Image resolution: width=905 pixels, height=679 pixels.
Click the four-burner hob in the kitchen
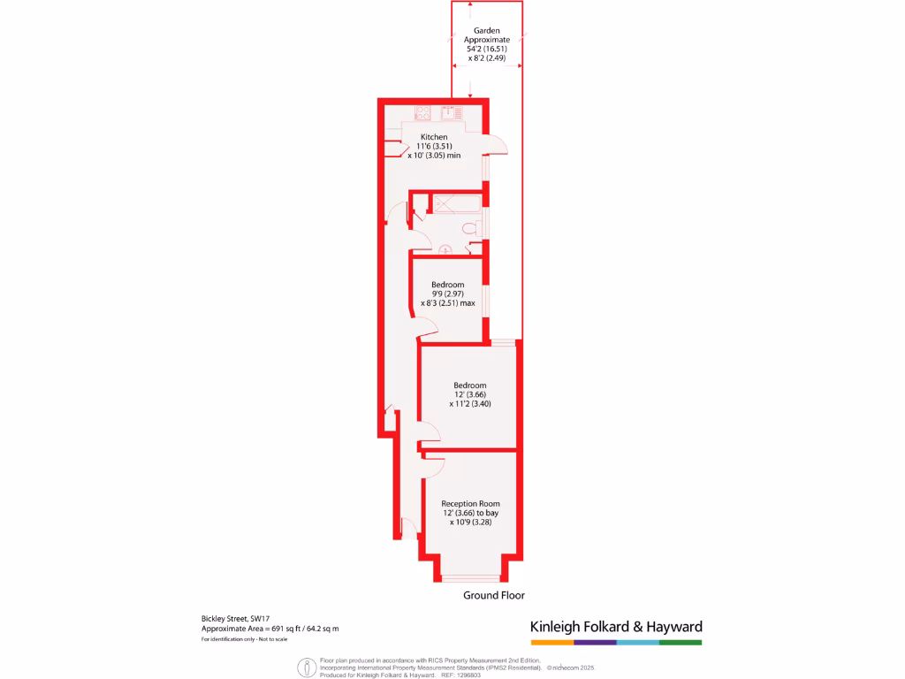pyautogui.click(x=422, y=112)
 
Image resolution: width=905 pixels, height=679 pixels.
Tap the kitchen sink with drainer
pyautogui.click(x=452, y=111)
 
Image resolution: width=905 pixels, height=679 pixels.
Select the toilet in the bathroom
pyautogui.click(x=471, y=229)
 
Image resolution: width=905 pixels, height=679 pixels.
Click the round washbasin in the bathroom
pyautogui.click(x=446, y=249)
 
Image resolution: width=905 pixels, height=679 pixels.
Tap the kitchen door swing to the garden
pyautogui.click(x=497, y=146)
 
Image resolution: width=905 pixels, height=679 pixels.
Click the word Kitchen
pyautogui.click(x=434, y=137)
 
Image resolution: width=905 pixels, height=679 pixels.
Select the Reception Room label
pyautogui.click(x=470, y=503)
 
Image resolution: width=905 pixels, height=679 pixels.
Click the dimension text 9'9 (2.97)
pyautogui.click(x=447, y=294)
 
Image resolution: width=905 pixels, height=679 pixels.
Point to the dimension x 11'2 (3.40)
pyautogui.click(x=470, y=404)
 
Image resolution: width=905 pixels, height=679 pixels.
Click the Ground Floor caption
pyautogui.click(x=494, y=595)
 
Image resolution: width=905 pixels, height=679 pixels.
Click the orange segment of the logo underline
pyautogui.click(x=551, y=642)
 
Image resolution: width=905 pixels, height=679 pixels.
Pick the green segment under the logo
pyautogui.click(x=681, y=642)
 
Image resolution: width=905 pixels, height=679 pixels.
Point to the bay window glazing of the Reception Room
pyautogui.click(x=470, y=579)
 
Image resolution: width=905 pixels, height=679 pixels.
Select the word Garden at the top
pyautogui.click(x=488, y=31)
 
